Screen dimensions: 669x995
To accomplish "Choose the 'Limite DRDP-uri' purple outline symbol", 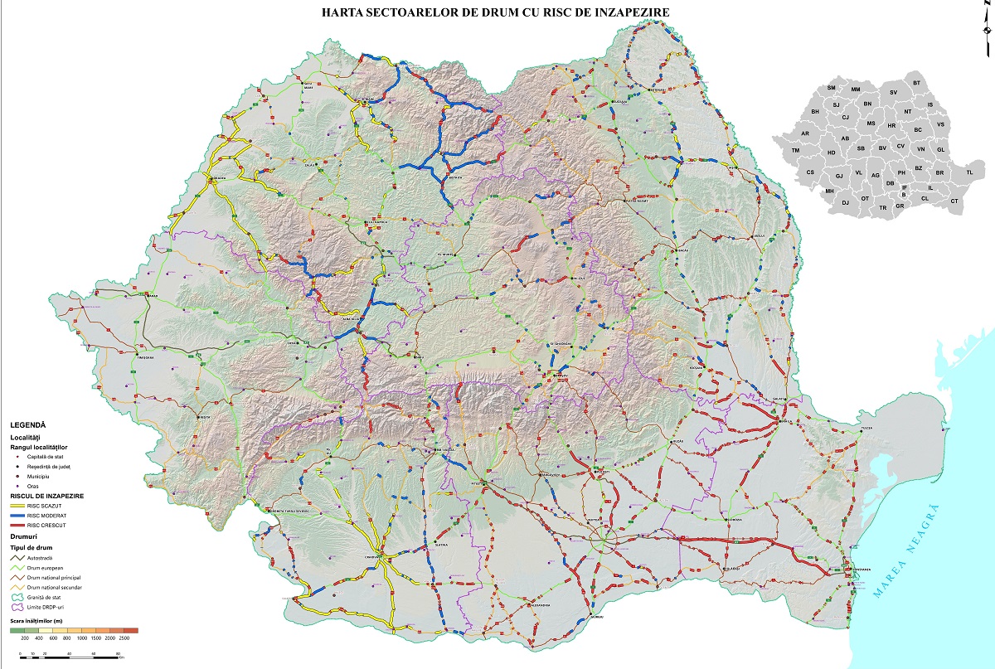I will pyautogui.click(x=17, y=607).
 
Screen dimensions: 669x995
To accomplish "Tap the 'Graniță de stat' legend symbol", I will pyautogui.click(x=17, y=597).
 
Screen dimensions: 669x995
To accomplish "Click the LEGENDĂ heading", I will pyautogui.click(x=28, y=424).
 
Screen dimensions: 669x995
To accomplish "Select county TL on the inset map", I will pyautogui.click(x=969, y=172).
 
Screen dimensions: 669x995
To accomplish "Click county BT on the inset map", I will pyautogui.click(x=916, y=83).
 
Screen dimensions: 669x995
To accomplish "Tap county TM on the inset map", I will pyautogui.click(x=795, y=150).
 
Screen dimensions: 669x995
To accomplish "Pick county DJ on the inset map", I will pyautogui.click(x=845, y=202).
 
